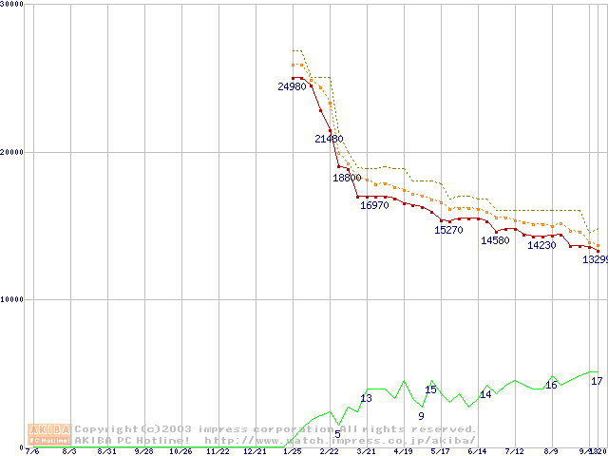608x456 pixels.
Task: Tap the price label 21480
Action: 329,139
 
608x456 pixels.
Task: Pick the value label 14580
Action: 495,240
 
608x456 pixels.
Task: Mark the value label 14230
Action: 541,245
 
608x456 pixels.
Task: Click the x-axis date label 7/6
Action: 32,452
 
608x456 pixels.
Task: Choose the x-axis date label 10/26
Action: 180,452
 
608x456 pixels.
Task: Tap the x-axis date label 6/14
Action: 477,452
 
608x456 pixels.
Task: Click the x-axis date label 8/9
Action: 550,452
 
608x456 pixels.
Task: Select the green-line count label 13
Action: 366,398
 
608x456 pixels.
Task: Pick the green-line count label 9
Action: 421,416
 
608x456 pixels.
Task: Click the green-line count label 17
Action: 597,381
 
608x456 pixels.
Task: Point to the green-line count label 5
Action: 337,434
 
